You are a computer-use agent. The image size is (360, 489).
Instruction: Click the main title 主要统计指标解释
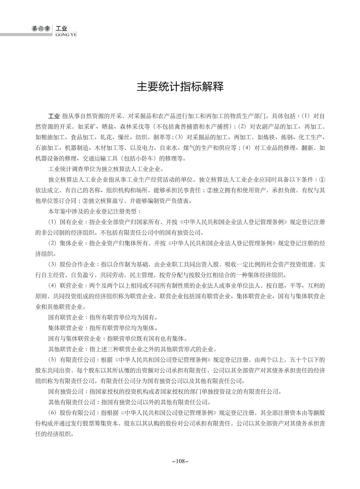click(180, 87)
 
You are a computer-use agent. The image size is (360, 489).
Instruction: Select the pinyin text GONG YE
click(66, 35)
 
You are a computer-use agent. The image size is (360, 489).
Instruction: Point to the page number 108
click(180, 461)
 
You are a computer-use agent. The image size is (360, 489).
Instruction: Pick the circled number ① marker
click(322, 179)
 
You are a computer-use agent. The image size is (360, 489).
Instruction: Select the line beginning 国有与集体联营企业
click(117, 338)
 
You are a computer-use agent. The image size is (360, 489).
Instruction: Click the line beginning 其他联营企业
click(132, 349)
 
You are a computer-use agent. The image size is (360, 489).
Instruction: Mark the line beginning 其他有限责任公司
click(129, 402)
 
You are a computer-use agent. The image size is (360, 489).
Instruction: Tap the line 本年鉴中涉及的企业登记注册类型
click(95, 211)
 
